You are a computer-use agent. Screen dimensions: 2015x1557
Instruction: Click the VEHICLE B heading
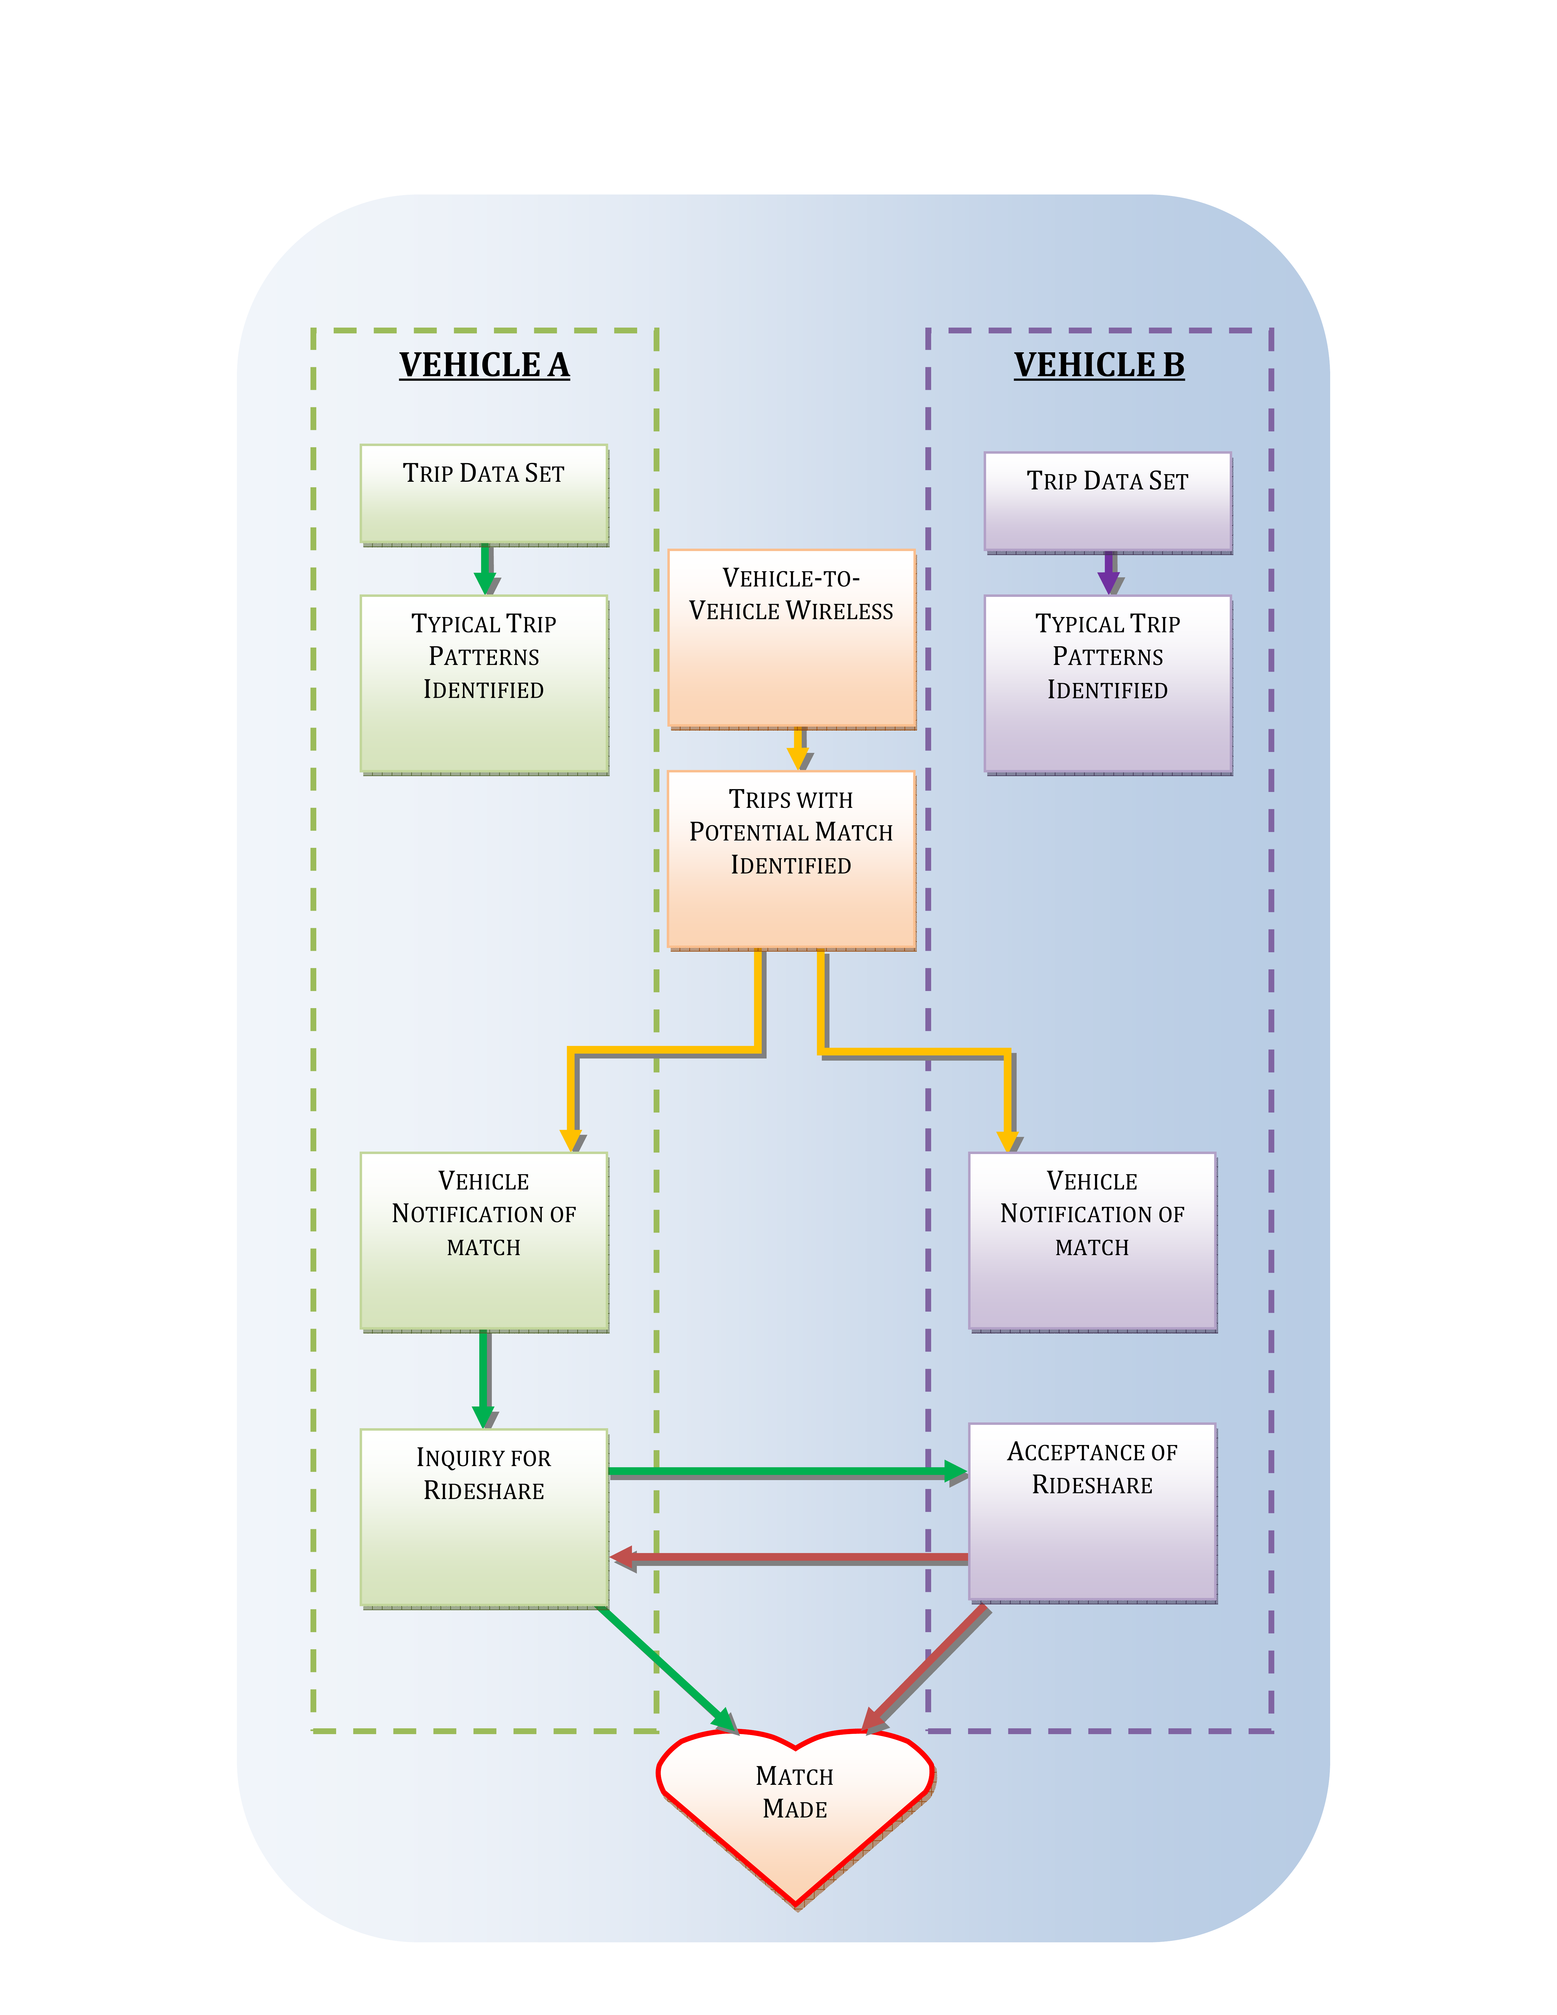[1098, 365]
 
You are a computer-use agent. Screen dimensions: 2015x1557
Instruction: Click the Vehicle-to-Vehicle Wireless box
[790, 637]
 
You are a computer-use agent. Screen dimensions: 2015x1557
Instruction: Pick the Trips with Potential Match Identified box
[790, 859]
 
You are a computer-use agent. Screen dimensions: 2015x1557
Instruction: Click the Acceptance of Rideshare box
[1092, 1511]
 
